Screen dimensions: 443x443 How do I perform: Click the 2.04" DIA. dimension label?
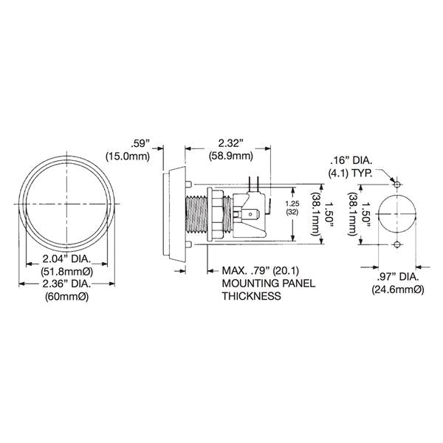(66, 258)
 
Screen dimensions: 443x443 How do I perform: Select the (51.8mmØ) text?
(67, 272)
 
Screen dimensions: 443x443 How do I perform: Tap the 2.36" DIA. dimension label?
(67, 284)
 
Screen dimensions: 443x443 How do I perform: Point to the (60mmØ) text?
(67, 297)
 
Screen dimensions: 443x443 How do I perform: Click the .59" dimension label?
(140, 143)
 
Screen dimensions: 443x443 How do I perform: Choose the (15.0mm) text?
(128, 157)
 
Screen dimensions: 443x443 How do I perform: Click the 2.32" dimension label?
(231, 143)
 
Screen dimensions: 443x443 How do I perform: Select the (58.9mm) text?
(231, 156)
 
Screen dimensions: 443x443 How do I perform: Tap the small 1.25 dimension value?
(292, 204)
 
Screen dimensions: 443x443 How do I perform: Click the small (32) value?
(292, 212)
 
